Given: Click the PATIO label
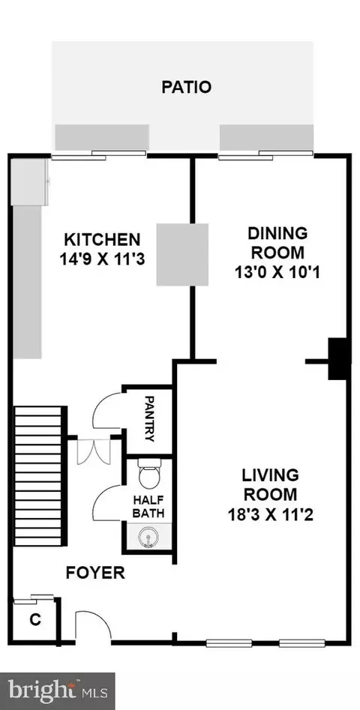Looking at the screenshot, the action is point(186,86).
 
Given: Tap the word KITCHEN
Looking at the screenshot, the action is point(102,239).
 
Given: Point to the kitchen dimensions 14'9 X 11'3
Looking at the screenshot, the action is point(102,259).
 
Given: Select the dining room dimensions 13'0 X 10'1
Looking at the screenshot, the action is point(277,273).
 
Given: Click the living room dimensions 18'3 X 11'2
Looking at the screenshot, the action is point(271,514).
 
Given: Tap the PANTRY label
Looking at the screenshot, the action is point(149,418).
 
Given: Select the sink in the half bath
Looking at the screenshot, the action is point(147,538).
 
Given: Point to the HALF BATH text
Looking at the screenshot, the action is point(148,507).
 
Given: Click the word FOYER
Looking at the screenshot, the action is point(95,573).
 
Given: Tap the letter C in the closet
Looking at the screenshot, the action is point(34,620).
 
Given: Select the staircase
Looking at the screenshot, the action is point(39,475).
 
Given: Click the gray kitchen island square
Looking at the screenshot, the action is point(182,254).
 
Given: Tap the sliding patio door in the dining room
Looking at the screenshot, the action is point(265,155).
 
